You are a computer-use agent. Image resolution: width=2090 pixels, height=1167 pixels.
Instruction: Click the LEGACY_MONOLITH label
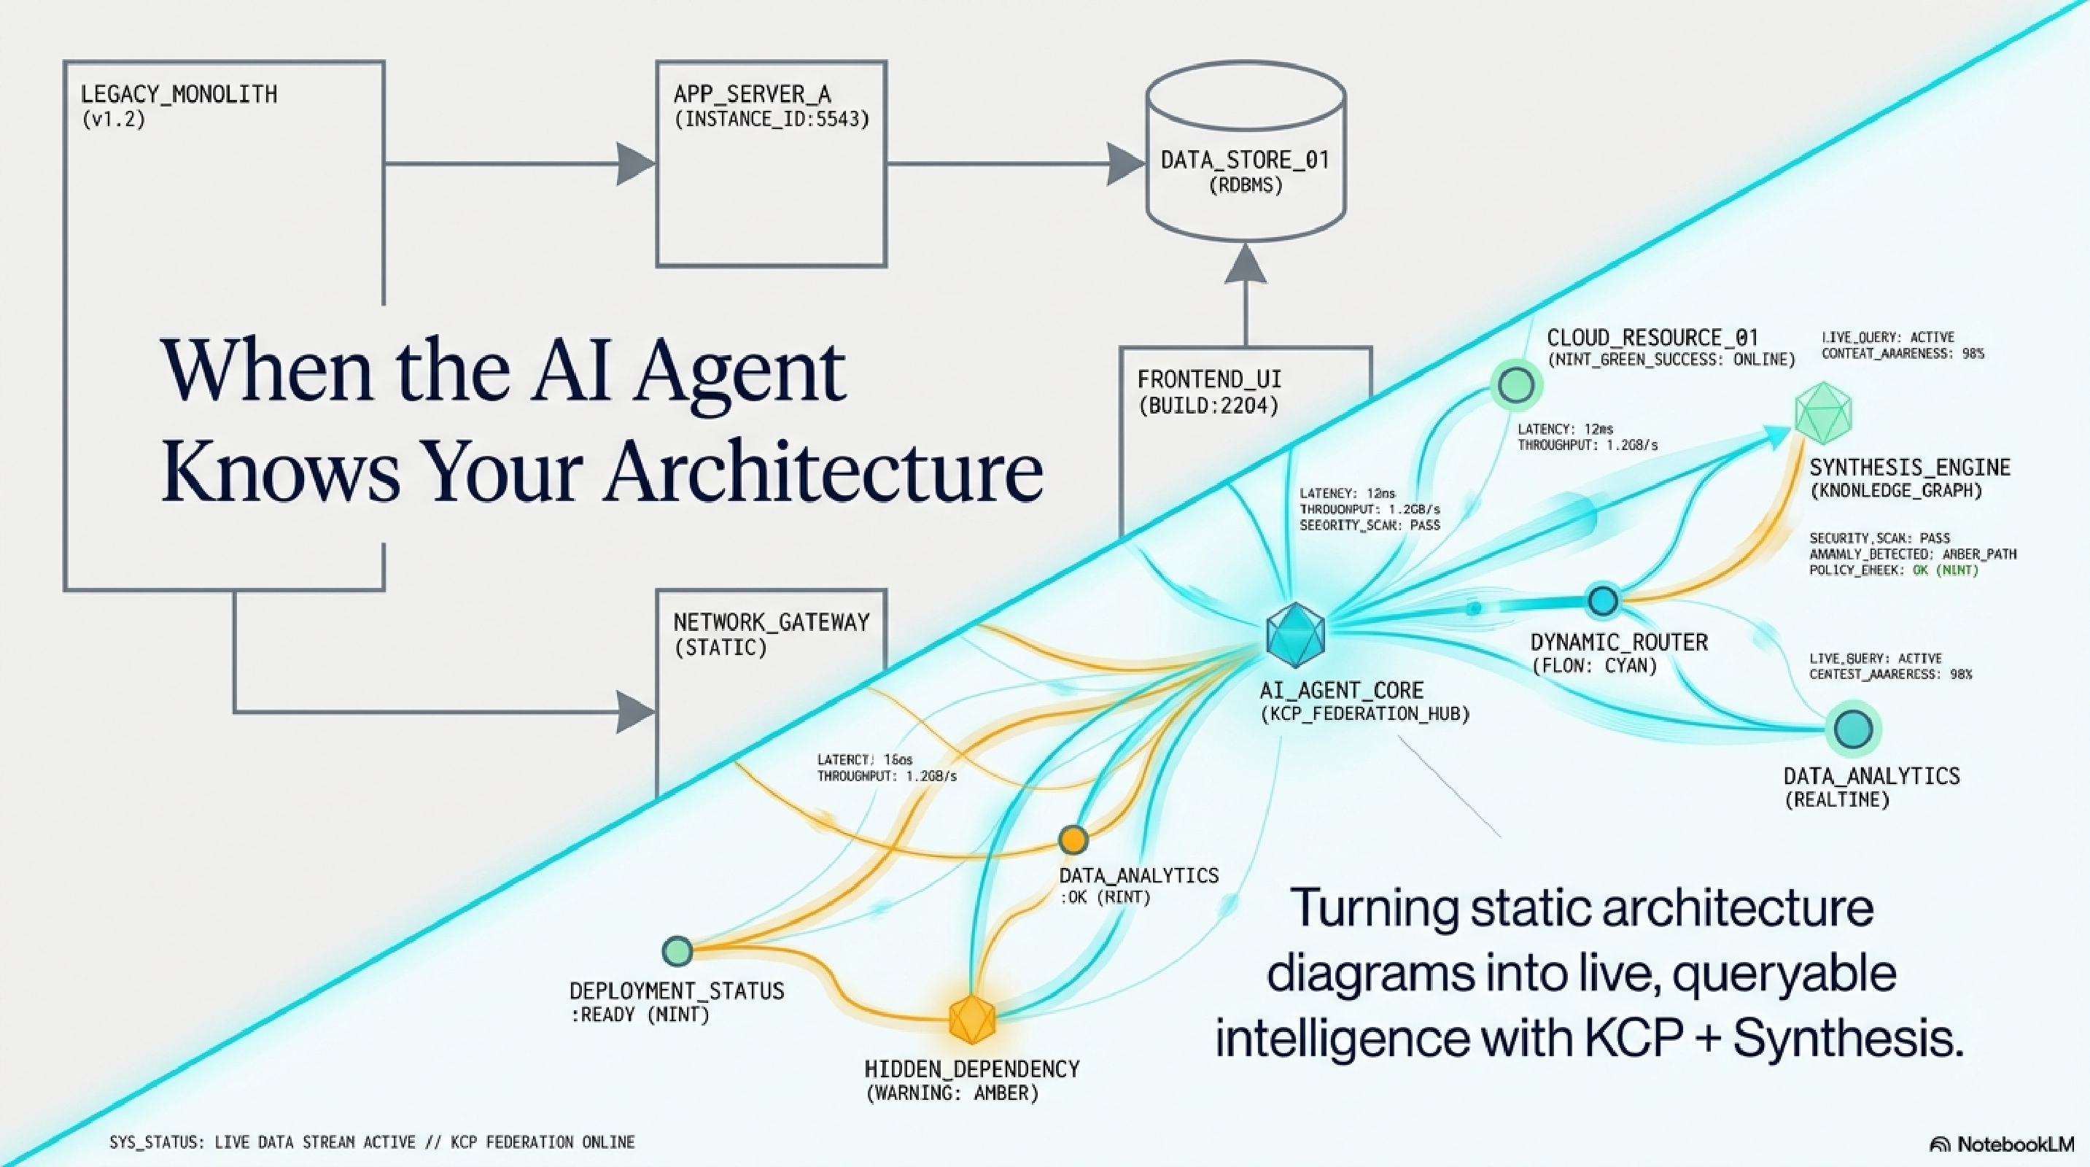click(x=179, y=95)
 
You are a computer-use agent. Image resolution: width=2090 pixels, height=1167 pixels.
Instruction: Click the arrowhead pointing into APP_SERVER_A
click(x=634, y=164)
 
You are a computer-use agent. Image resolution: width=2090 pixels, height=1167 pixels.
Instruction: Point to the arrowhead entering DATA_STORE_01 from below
click(x=1246, y=265)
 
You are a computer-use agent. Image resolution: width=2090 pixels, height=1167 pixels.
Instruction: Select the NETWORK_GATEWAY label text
click(x=771, y=622)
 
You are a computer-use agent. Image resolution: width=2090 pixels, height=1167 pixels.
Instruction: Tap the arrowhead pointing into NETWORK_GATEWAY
click(x=634, y=713)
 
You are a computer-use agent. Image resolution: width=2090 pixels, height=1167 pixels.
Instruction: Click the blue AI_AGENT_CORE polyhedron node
click(x=1295, y=635)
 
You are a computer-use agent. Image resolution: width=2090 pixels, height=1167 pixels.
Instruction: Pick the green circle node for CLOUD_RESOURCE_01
click(x=1516, y=384)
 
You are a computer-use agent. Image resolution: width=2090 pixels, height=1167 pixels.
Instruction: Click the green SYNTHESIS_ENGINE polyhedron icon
click(x=1823, y=412)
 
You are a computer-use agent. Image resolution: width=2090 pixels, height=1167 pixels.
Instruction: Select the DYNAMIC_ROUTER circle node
click(x=1602, y=601)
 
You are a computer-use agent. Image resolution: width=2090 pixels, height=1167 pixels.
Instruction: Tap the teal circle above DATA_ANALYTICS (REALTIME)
click(x=1853, y=728)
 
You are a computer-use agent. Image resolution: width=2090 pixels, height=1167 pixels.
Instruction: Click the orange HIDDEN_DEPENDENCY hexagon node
click(x=972, y=1019)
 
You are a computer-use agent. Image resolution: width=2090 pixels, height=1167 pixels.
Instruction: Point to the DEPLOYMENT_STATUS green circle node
click(x=677, y=950)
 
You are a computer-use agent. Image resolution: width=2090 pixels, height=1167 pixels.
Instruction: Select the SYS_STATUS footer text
click(x=372, y=1143)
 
